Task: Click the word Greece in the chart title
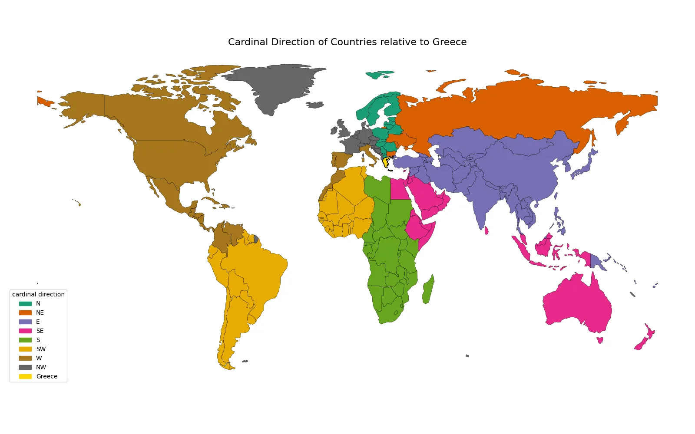coord(449,42)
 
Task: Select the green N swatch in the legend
coord(25,304)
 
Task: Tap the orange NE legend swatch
coord(25,313)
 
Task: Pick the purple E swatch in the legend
coord(25,322)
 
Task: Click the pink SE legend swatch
coord(25,331)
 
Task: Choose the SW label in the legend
coord(41,349)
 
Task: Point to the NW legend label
coord(41,368)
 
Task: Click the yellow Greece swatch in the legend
coord(25,377)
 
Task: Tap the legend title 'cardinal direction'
coord(38,294)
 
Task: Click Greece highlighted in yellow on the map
coord(386,162)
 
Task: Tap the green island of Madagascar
coord(428,290)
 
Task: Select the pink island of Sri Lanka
coord(486,230)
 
